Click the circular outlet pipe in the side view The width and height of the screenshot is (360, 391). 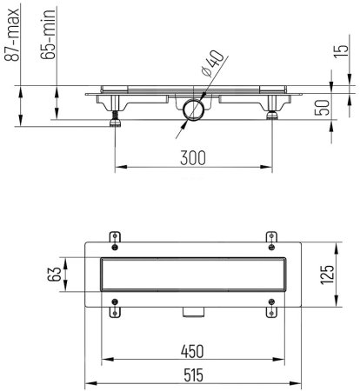click(x=192, y=110)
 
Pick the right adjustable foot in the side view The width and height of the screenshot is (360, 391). click(x=272, y=113)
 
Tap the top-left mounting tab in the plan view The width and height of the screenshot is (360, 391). click(x=114, y=236)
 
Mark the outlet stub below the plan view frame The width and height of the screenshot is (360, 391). click(x=192, y=312)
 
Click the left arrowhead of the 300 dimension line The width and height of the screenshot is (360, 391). click(x=118, y=167)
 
